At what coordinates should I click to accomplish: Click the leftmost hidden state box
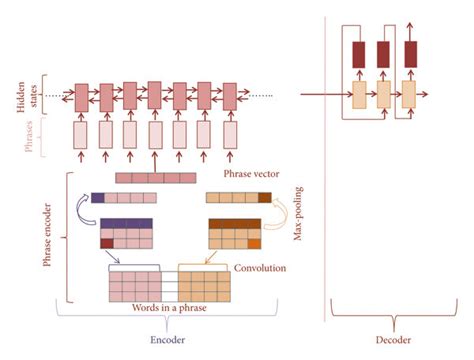(x=81, y=96)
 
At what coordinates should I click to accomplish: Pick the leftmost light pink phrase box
(x=81, y=134)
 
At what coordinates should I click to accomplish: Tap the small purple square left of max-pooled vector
(x=97, y=198)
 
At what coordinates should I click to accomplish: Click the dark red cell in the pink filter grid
(x=106, y=243)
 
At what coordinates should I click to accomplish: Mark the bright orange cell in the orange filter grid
(x=255, y=243)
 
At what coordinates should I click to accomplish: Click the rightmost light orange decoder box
(x=408, y=94)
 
